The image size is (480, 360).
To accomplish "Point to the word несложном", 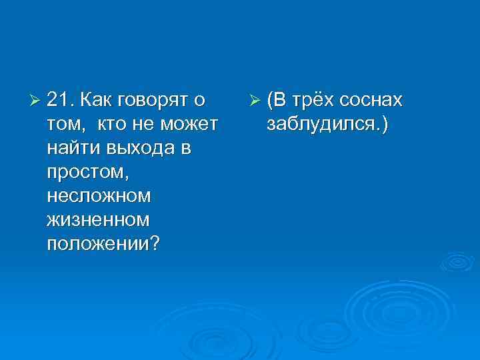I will (x=99, y=197).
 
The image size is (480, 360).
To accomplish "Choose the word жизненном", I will (x=97, y=221).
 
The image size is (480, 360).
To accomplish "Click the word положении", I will (x=99, y=245).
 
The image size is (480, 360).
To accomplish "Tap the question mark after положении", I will (x=155, y=244).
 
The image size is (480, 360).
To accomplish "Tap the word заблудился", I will (x=320, y=125).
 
